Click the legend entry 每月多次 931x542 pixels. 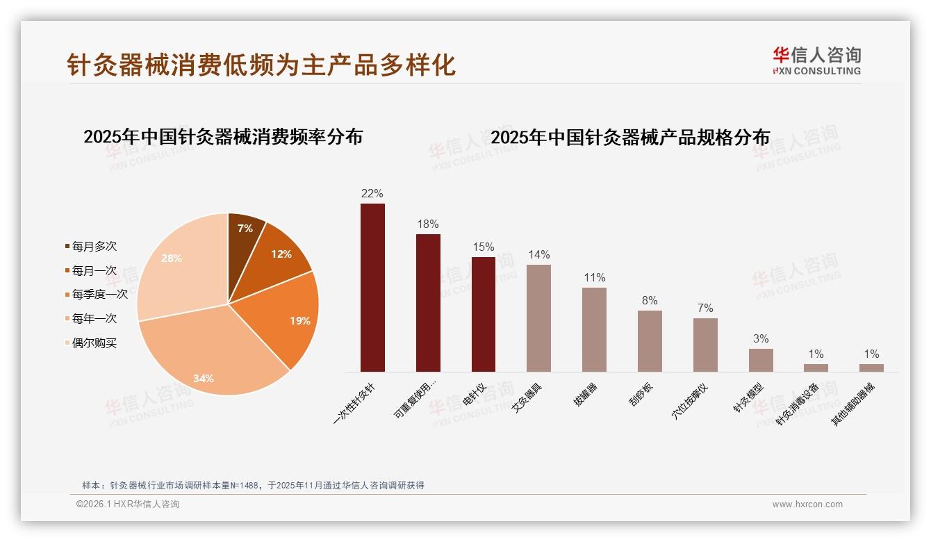click(x=94, y=246)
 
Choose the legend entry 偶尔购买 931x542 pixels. click(x=94, y=343)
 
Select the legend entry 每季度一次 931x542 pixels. click(x=99, y=294)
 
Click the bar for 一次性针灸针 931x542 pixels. click(x=372, y=288)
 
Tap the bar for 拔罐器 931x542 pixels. click(x=594, y=329)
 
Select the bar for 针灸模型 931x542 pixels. click(x=761, y=360)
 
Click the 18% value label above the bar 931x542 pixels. click(x=428, y=224)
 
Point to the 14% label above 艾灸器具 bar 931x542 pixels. click(x=538, y=255)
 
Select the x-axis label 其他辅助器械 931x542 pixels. click(x=853, y=404)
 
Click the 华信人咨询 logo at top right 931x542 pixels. click(x=816, y=60)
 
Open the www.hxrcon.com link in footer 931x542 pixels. click(x=807, y=504)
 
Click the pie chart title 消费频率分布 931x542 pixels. click(x=223, y=137)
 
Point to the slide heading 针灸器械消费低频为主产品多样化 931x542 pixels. click(x=261, y=65)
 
